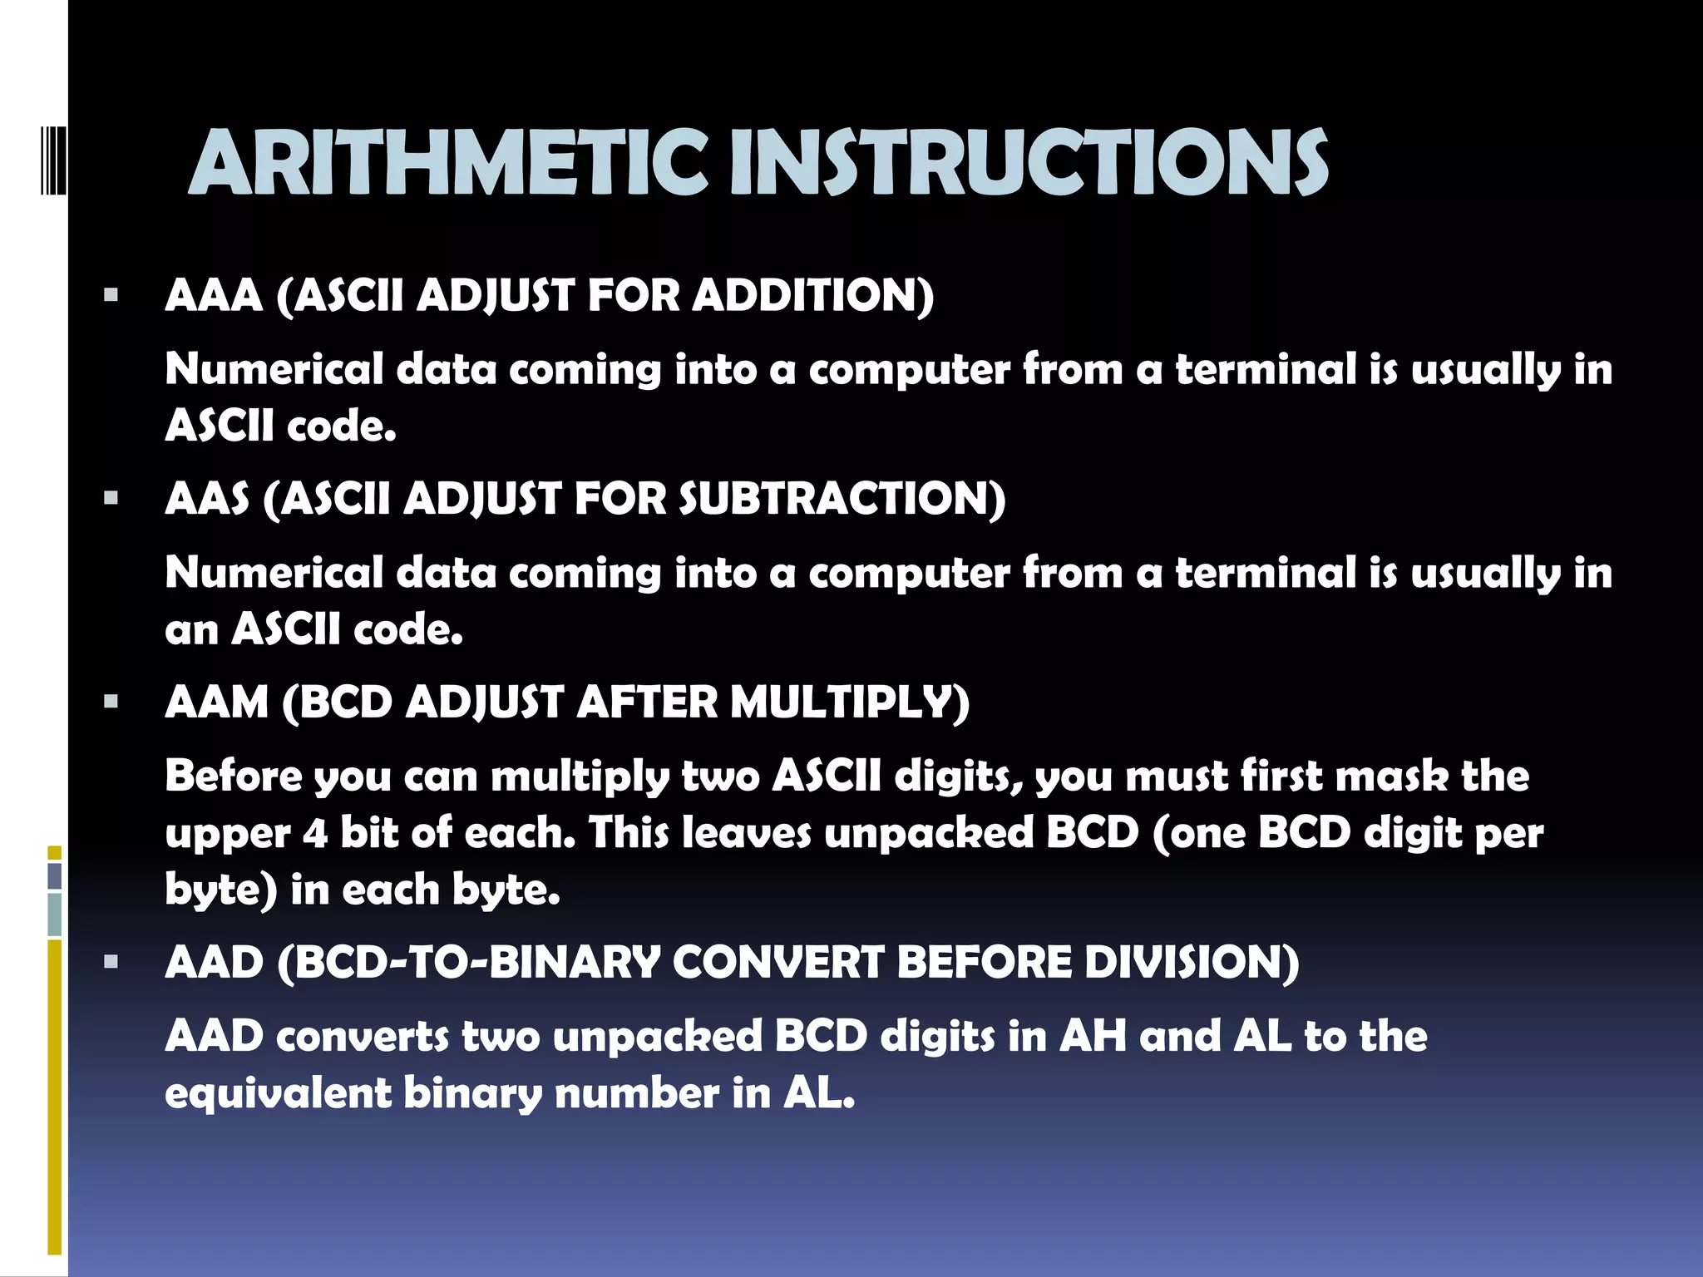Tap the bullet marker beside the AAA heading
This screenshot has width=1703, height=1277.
click(x=111, y=294)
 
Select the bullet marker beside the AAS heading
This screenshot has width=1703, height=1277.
click(x=111, y=498)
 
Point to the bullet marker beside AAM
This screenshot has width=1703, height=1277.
click(x=111, y=702)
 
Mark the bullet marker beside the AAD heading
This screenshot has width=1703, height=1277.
click(x=111, y=962)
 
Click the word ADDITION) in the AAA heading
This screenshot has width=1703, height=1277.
click(x=813, y=295)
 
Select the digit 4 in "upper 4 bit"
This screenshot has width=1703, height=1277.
click(x=315, y=834)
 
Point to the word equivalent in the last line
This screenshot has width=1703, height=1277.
click(x=278, y=1093)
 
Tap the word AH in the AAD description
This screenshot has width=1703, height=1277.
click(x=1093, y=1037)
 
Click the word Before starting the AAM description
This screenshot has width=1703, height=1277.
click(x=234, y=777)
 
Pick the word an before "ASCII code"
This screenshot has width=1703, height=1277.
click(x=191, y=630)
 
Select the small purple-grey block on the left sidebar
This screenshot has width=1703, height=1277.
click(x=55, y=875)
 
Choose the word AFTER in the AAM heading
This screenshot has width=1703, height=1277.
click(x=646, y=703)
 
